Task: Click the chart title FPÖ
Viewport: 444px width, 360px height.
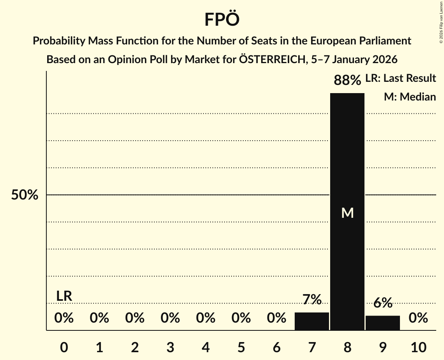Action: tap(222, 19)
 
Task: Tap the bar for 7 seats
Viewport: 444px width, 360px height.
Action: tap(312, 321)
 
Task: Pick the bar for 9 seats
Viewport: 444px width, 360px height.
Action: tap(383, 323)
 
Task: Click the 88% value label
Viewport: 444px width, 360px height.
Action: tap(347, 81)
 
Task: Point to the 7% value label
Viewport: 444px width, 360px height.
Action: tap(312, 300)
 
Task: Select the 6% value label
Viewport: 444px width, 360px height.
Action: tap(383, 303)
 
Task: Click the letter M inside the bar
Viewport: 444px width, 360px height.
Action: tap(347, 213)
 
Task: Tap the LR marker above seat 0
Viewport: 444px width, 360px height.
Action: tap(64, 296)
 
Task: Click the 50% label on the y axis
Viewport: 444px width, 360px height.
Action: tap(25, 195)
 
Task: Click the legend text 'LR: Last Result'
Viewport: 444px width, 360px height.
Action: tap(400, 78)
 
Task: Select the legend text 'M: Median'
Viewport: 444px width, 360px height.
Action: tap(410, 97)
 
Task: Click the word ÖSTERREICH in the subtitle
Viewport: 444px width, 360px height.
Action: tap(272, 60)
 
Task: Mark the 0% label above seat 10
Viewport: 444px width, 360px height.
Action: tap(418, 318)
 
